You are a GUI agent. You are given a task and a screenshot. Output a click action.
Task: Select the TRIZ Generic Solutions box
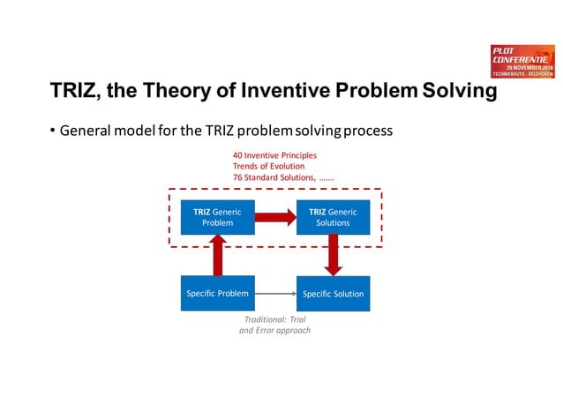pos(333,216)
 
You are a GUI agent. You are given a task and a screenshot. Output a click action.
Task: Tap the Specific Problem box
pos(217,293)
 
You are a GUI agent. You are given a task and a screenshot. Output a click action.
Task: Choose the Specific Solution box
pos(333,294)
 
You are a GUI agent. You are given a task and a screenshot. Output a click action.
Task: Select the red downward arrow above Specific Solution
pos(333,255)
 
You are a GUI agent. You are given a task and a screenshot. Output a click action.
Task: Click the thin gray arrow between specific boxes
pos(274,293)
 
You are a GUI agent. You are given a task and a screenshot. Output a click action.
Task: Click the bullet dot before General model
pos(52,132)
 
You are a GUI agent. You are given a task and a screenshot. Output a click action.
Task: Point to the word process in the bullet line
pos(367,132)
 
